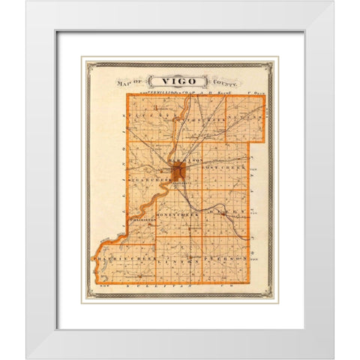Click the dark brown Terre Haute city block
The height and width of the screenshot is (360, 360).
(x=178, y=173)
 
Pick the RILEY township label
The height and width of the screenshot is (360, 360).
(x=236, y=214)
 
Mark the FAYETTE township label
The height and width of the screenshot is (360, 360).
(x=145, y=118)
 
